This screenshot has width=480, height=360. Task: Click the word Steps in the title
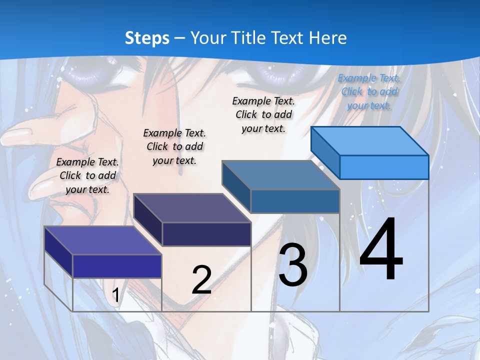coord(146,38)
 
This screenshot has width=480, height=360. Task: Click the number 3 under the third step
coord(293,265)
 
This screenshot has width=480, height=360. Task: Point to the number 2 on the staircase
coord(201,280)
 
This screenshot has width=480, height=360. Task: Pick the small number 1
coord(115,295)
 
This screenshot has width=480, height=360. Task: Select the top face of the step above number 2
coord(192,207)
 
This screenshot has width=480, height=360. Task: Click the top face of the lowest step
coord(103,240)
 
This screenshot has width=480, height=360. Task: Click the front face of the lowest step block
coord(117,266)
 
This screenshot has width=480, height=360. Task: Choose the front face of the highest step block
coord(384,167)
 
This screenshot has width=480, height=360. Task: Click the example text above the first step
coord(87,175)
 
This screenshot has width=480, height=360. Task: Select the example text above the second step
coord(174,146)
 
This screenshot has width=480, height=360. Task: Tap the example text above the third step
coord(263,114)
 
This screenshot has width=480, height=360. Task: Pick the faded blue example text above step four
coord(369,91)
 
